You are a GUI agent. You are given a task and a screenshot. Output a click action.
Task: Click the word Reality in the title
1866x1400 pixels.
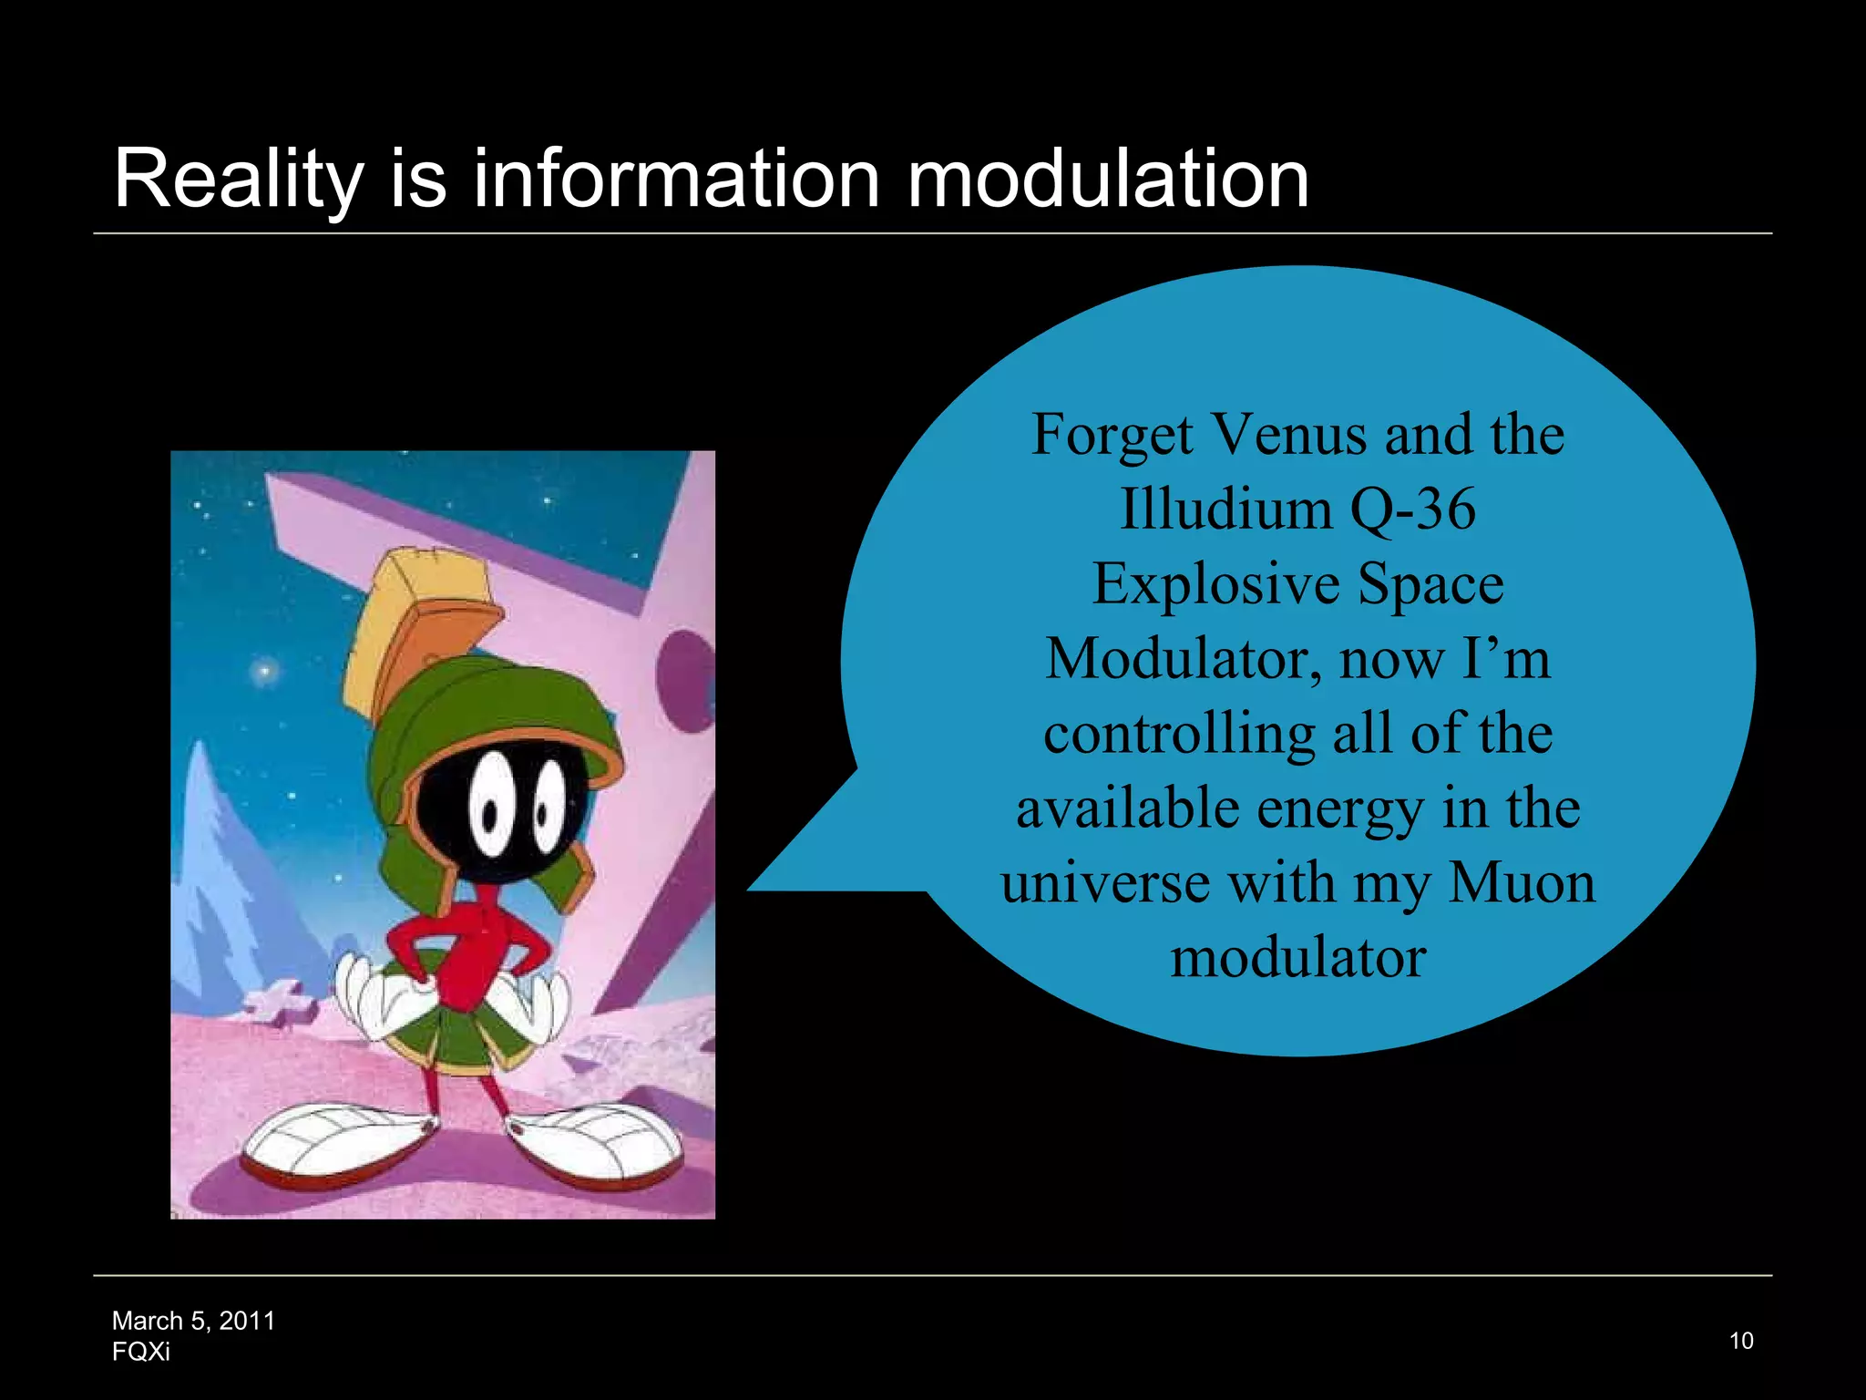239,180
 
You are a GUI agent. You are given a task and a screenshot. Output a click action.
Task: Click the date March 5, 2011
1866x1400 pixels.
193,1321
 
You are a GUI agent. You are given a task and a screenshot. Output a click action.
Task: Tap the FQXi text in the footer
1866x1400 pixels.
140,1352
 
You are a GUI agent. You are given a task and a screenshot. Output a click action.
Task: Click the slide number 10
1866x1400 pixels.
1741,1341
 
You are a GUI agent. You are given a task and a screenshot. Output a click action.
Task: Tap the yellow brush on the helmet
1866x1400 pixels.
415,620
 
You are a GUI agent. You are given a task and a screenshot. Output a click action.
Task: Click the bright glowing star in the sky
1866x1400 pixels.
265,673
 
